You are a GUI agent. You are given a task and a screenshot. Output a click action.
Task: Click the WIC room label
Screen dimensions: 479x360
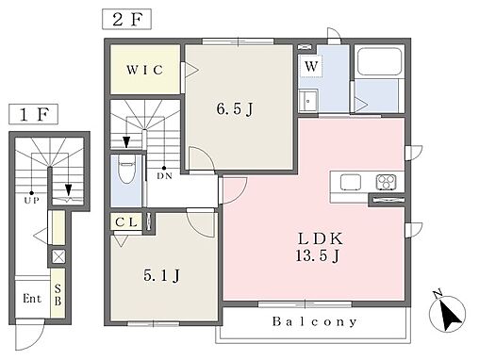pos(145,70)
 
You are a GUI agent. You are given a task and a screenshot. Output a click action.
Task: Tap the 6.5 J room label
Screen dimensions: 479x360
pos(235,109)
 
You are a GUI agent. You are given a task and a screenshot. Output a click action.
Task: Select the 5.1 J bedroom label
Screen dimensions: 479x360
pos(161,275)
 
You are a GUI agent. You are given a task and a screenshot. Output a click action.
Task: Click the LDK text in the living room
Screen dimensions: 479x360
pos(320,238)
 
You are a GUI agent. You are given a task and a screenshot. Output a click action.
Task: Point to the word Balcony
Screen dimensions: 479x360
pos(315,321)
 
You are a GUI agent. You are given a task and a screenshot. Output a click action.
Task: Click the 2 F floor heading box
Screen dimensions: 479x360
pos(126,20)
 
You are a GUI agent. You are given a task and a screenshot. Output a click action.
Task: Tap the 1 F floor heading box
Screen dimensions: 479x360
pos(34,114)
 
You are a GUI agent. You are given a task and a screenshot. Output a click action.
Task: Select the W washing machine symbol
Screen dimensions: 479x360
pos(311,66)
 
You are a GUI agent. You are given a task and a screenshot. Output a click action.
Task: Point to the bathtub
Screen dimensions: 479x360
pos(380,61)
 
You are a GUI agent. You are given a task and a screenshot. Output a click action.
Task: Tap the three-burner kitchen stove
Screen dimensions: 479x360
pos(386,182)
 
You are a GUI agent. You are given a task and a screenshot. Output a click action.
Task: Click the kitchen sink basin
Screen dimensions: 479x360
pos(350,182)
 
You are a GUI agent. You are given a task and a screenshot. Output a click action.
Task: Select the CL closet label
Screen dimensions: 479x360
pos(126,222)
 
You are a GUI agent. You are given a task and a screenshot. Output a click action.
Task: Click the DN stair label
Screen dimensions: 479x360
pos(165,176)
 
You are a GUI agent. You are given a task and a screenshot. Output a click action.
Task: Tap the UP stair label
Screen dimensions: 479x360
pos(31,200)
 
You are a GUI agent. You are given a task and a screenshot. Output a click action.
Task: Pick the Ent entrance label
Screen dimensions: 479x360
pos(32,298)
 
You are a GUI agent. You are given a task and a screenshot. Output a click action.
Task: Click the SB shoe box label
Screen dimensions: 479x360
pos(58,295)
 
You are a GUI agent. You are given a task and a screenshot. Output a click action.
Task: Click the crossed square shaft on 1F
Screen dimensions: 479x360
pos(58,256)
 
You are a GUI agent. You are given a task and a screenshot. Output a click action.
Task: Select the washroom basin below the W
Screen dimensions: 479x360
pos(308,101)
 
